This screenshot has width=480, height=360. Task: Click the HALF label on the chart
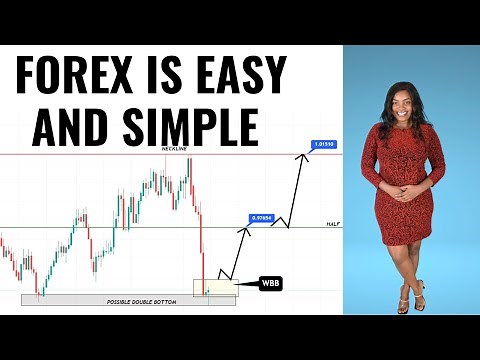pos(334,225)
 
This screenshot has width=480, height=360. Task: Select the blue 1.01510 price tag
pos(324,144)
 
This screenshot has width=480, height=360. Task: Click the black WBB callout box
pos(270,284)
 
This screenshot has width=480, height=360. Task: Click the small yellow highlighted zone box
pos(215,288)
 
